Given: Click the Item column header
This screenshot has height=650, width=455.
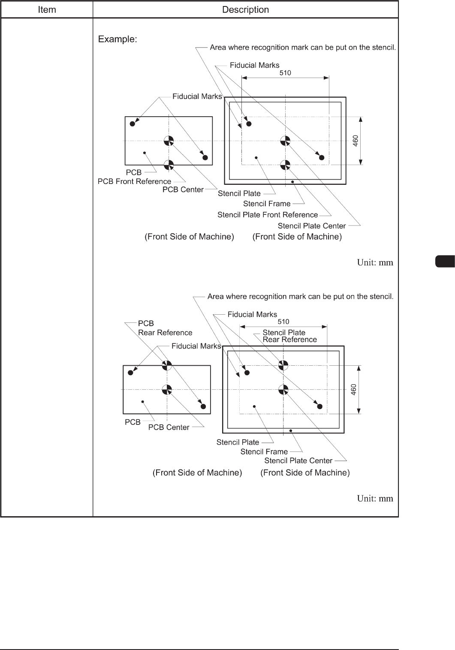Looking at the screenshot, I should pyautogui.click(x=47, y=9).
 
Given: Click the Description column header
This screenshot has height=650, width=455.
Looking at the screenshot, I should pyautogui.click(x=245, y=9).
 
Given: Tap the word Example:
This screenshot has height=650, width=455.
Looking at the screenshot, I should pyautogui.click(x=118, y=39).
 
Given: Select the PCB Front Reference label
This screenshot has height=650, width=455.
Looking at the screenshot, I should pyautogui.click(x=134, y=181).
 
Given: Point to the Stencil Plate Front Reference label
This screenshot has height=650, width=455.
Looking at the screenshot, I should pyautogui.click(x=268, y=215).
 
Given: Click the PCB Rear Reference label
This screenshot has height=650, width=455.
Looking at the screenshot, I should pyautogui.click(x=165, y=328).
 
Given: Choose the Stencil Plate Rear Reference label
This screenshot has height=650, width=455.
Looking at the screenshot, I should pyautogui.click(x=289, y=336).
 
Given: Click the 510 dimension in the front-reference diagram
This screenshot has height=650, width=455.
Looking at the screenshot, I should pyautogui.click(x=285, y=73).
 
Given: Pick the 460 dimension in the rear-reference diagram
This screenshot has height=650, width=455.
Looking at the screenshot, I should pyautogui.click(x=354, y=389).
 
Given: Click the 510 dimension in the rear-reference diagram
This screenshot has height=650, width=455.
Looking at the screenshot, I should pyautogui.click(x=283, y=322).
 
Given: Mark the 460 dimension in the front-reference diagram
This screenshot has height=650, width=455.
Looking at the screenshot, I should pyautogui.click(x=356, y=141).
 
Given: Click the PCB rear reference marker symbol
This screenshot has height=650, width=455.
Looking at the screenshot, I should pyautogui.click(x=167, y=365).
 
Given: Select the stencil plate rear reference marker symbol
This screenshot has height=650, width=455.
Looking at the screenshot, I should pyautogui.click(x=283, y=365).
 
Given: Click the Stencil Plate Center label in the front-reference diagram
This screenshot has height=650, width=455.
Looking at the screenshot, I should pyautogui.click(x=311, y=226).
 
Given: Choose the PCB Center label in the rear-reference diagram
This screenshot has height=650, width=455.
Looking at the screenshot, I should pyautogui.click(x=169, y=427).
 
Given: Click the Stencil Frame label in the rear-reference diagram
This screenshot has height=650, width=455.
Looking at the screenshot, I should pyautogui.click(x=264, y=451).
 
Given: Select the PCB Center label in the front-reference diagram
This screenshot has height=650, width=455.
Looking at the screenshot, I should pyautogui.click(x=183, y=190).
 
